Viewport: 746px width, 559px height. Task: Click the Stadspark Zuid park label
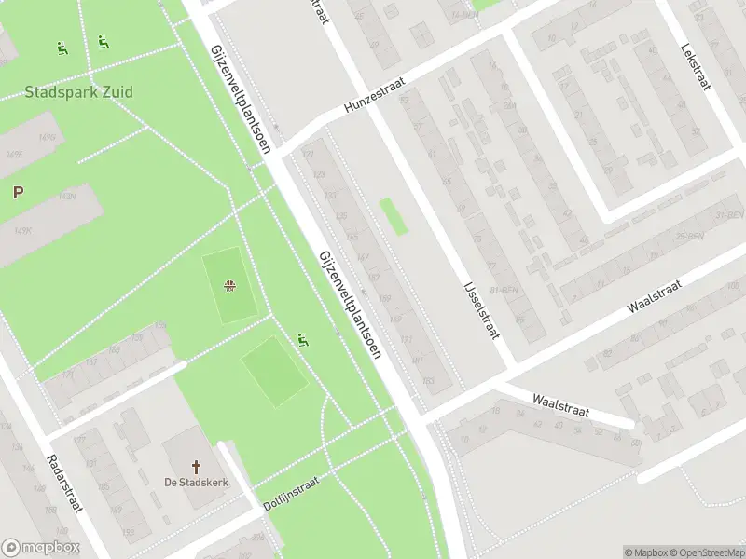78,92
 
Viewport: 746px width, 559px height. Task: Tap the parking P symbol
17,193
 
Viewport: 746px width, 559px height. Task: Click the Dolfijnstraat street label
291,485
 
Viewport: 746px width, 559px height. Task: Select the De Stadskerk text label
196,482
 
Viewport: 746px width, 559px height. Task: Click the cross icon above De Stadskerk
196,466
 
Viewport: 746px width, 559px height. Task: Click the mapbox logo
41,548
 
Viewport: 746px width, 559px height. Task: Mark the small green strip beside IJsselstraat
394,216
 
